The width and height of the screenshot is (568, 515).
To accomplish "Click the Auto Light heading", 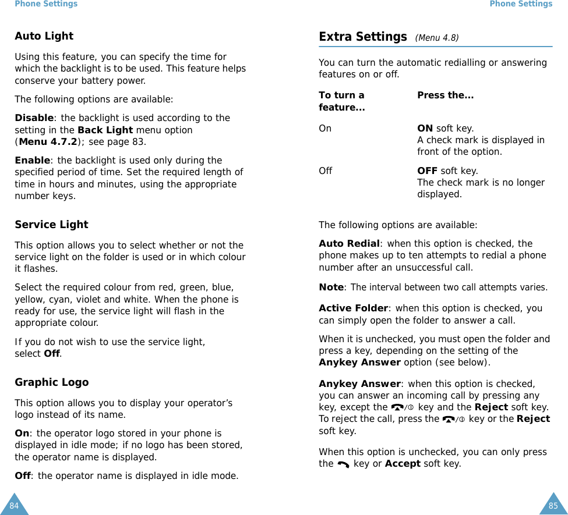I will [44, 36].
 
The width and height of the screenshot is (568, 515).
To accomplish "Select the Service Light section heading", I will [51, 225].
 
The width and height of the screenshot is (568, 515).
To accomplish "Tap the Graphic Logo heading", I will [51, 382].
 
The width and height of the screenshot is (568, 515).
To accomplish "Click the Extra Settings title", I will [362, 37].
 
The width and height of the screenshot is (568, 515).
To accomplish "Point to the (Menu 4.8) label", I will [436, 38].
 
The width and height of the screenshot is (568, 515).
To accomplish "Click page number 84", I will [14, 506].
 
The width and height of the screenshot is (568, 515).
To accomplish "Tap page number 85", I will [553, 506].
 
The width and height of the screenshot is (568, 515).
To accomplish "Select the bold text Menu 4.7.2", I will [48, 142].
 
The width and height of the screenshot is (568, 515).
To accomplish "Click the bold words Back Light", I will [105, 130].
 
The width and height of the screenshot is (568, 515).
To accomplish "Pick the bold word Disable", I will [33, 118].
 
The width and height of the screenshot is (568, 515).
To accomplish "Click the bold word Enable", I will [32, 161].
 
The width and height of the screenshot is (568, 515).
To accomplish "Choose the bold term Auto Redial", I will [349, 244].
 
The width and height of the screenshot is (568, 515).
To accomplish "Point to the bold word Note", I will [331, 287].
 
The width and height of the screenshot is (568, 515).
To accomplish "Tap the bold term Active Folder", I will [353, 308].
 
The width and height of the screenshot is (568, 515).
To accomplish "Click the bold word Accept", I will [403, 464].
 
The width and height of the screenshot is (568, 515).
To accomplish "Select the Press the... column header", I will [445, 95].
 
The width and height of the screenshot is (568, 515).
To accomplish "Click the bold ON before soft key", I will [425, 129].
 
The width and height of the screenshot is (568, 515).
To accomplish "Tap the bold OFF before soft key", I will [427, 171].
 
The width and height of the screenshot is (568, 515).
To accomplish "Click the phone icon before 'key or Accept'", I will [343, 464].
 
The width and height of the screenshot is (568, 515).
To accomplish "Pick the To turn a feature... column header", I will [342, 101].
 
